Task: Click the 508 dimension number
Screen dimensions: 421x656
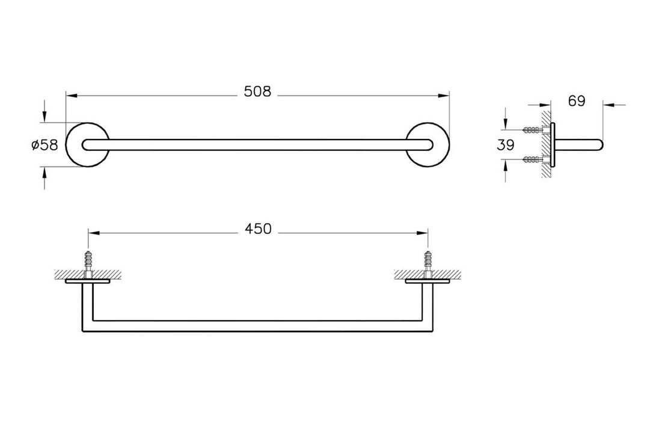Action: [x=257, y=91]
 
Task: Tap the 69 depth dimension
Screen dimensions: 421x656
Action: [x=576, y=101]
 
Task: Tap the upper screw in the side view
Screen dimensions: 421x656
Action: [x=532, y=129]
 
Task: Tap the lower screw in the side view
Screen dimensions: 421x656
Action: [x=532, y=159]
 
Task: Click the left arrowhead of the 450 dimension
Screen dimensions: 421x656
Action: [x=93, y=232]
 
